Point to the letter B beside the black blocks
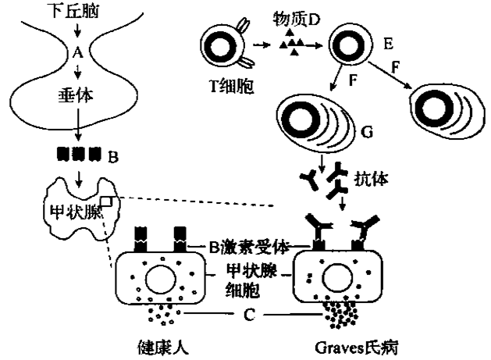113,158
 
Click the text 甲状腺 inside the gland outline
71,211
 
